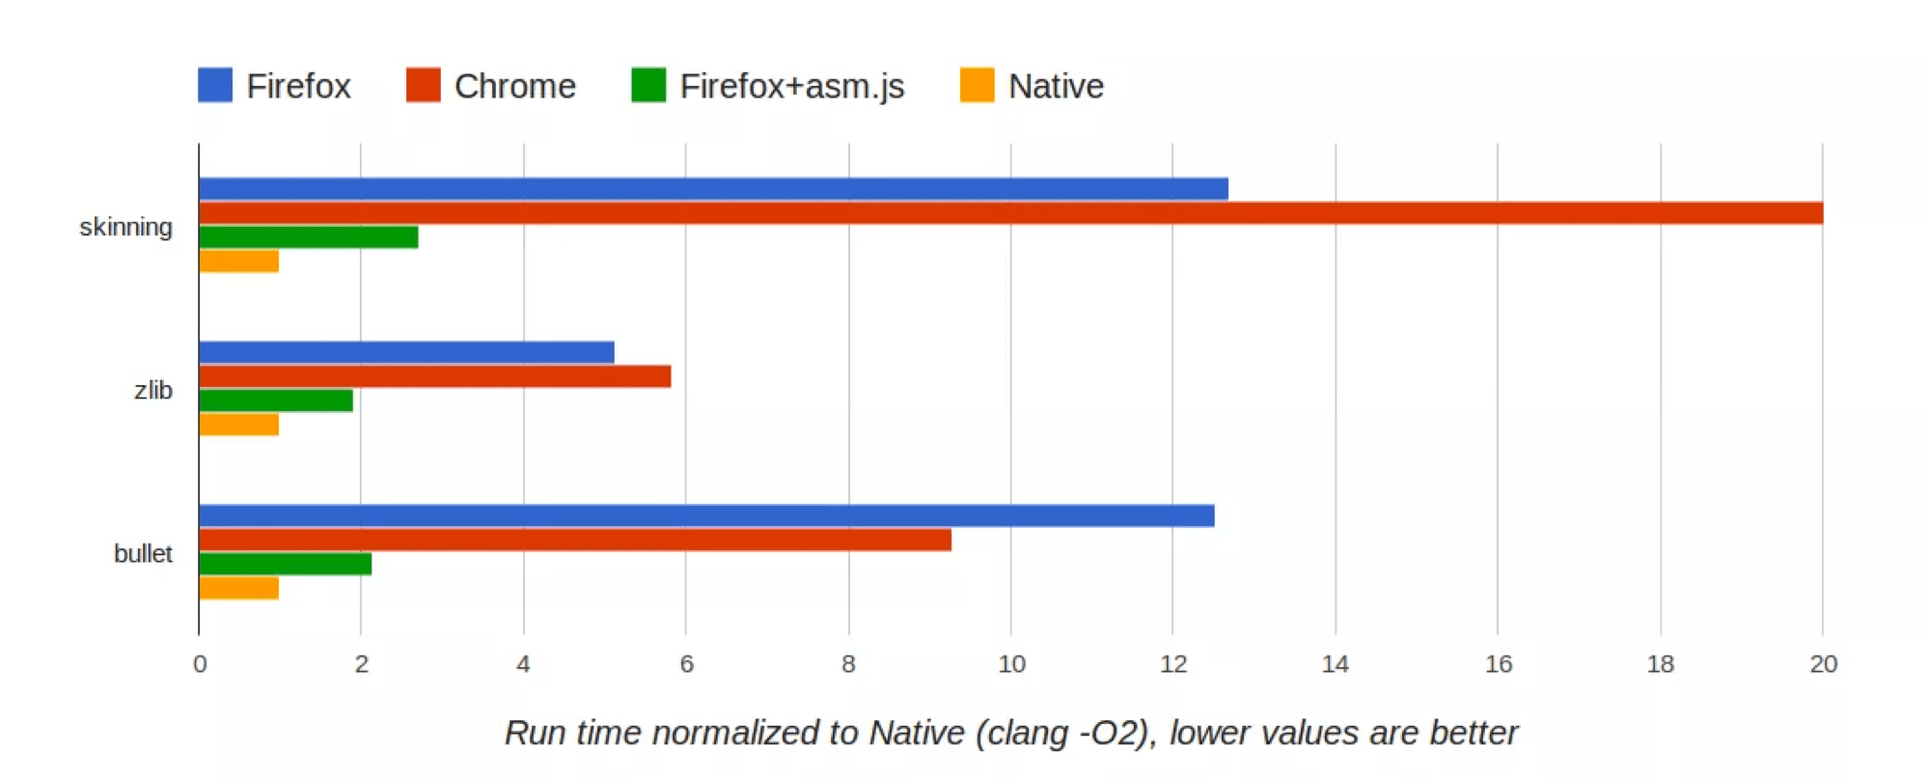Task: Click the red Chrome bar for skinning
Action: click(1011, 212)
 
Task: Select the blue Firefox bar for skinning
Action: click(714, 188)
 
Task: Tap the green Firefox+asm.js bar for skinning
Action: click(309, 237)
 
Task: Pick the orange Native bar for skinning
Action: click(239, 261)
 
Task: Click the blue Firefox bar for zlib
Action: click(407, 352)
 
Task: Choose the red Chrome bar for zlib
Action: click(435, 376)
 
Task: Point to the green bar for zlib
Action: click(276, 401)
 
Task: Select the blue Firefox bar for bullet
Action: click(707, 515)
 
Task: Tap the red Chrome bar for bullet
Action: click(575, 540)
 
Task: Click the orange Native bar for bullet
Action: click(239, 588)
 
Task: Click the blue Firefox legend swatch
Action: click(215, 85)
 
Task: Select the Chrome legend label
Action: click(515, 86)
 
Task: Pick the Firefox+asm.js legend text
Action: click(792, 86)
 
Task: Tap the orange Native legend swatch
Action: click(978, 85)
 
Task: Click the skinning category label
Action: click(125, 228)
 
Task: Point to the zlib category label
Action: click(153, 390)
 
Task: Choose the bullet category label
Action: click(143, 553)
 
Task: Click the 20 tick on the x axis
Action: click(1823, 664)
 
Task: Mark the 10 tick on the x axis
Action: click(1011, 664)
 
